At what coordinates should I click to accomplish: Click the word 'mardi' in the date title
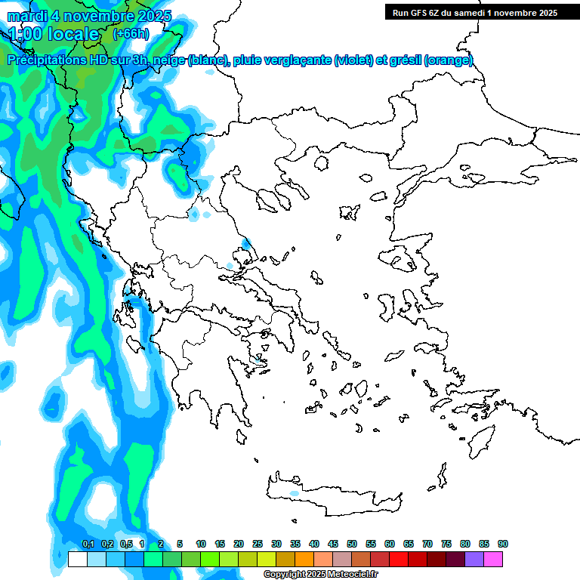click(28, 15)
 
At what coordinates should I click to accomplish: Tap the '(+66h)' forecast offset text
click(131, 34)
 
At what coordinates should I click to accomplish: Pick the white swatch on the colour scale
click(77, 560)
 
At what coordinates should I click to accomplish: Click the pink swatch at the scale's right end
click(493, 560)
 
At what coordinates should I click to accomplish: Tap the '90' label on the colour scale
click(502, 544)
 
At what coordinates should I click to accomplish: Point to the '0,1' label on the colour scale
click(88, 544)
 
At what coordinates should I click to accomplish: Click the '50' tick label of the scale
click(352, 544)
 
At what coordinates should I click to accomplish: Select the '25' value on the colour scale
click(258, 544)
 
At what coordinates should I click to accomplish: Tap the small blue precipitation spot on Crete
click(294, 493)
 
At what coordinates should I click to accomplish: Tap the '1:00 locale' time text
click(54, 34)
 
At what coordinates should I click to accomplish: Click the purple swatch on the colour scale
click(474, 560)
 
